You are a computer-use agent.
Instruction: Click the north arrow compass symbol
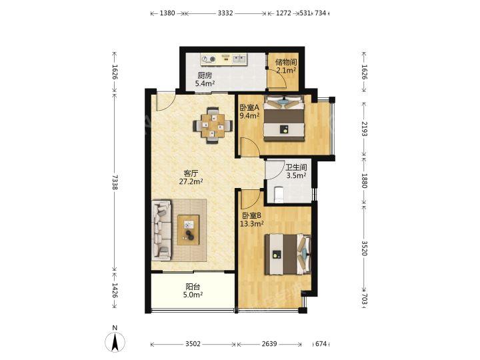click(115, 341)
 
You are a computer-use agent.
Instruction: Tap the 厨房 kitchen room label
click(205, 75)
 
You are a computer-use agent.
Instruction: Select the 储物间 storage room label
click(286, 62)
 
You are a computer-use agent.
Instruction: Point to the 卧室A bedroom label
click(249, 107)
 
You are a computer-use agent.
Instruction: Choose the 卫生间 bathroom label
click(296, 167)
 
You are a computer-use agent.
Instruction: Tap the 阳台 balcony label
click(193, 287)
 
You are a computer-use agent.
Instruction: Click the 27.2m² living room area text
click(191, 181)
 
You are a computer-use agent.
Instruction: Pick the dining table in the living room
click(213, 125)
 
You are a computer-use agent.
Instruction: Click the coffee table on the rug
click(188, 230)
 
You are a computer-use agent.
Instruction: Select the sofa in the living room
click(161, 230)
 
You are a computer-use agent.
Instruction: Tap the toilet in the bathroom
click(279, 195)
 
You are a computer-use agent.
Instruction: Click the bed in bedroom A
click(285, 118)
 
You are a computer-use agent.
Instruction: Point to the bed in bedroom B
click(288, 254)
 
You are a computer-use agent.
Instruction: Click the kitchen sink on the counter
click(239, 59)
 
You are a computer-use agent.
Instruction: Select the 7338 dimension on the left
click(115, 182)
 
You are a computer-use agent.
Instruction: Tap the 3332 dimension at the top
click(225, 13)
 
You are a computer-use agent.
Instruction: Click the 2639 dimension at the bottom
click(269, 344)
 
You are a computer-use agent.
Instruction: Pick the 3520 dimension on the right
click(364, 248)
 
